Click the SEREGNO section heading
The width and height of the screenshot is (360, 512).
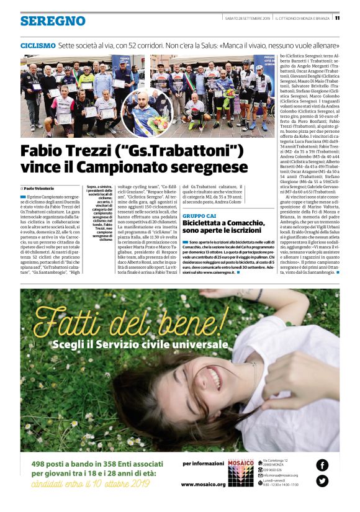(x=53, y=21)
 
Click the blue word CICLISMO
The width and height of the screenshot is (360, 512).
(x=38, y=46)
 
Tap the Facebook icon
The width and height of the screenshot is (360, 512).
(x=322, y=464)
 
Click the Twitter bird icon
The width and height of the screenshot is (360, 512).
(x=322, y=480)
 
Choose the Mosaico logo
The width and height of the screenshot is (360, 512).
(x=241, y=468)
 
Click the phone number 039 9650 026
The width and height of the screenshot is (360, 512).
(x=272, y=469)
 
